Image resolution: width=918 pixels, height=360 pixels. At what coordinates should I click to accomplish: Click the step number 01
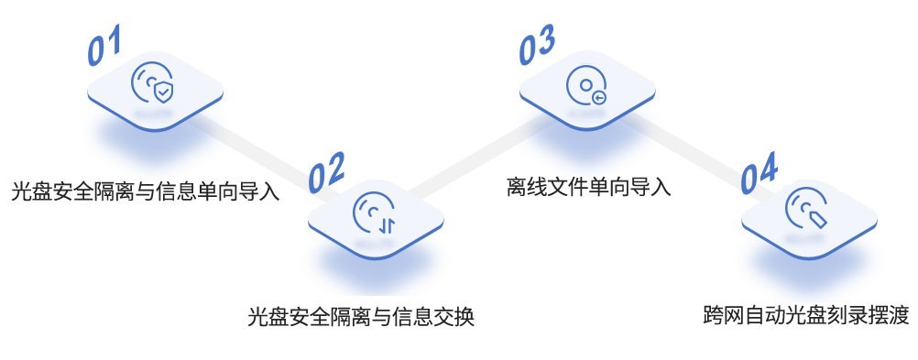tap(104, 48)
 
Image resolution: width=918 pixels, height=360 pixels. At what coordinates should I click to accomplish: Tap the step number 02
tap(326, 172)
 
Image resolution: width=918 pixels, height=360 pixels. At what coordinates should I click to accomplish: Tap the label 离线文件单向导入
tap(588, 188)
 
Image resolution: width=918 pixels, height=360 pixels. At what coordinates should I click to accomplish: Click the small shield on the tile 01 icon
tap(162, 93)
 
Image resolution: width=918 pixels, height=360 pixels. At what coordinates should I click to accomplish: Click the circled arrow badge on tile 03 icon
tap(599, 95)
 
